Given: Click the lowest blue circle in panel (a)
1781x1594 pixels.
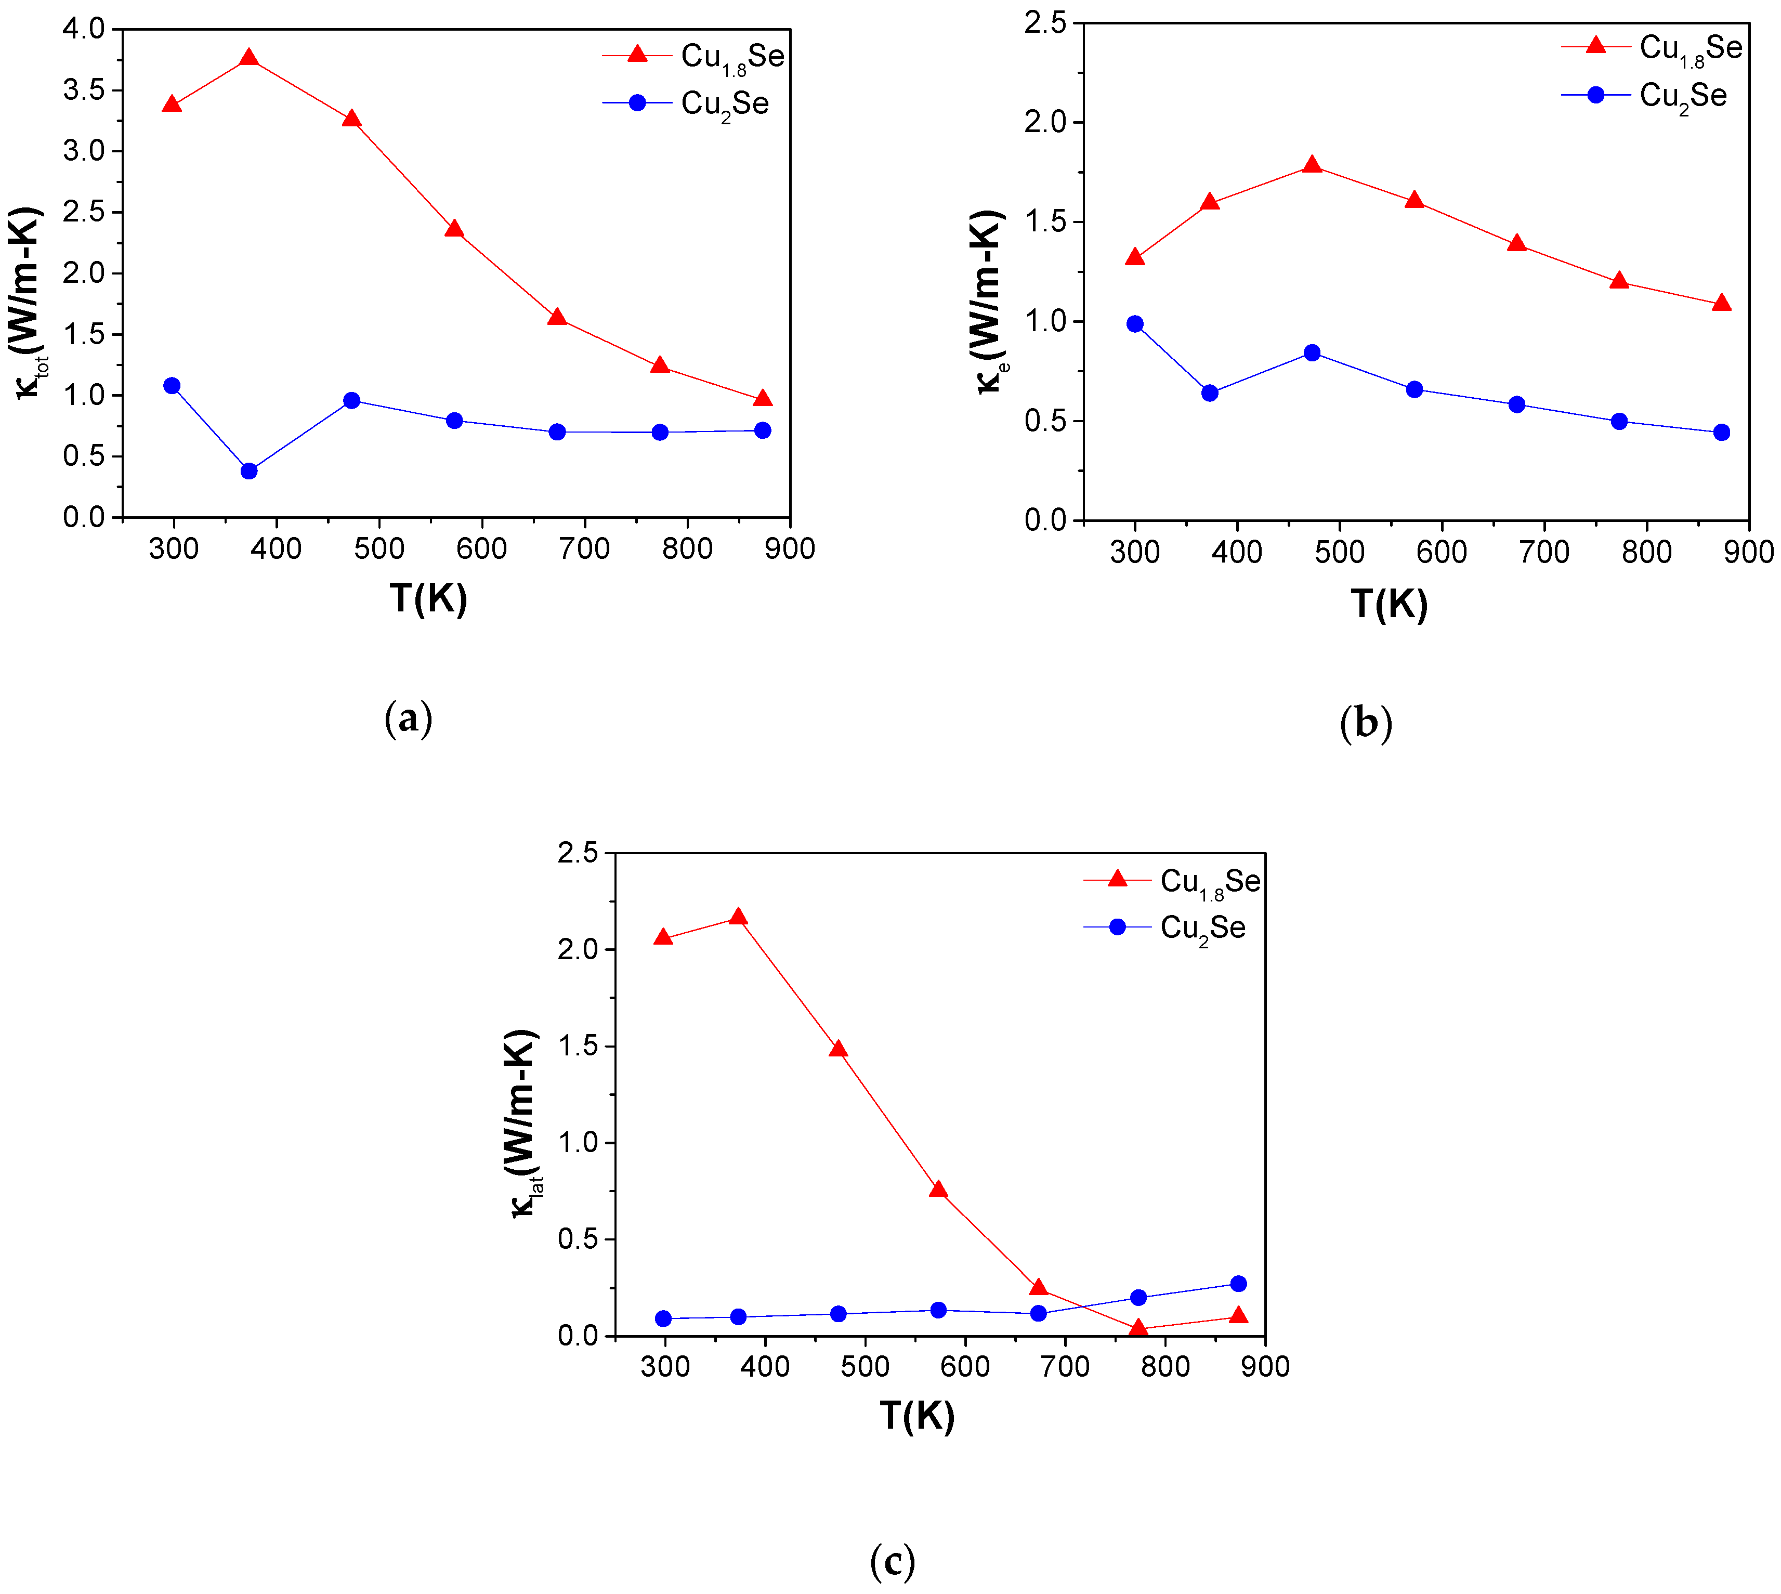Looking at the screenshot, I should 248,471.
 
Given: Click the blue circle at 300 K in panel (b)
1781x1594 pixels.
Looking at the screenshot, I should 1135,324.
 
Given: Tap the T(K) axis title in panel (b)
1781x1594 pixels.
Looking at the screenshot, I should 1389,604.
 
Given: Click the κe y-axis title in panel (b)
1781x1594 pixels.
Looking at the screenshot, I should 989,302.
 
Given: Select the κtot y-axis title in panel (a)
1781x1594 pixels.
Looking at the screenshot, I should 28,302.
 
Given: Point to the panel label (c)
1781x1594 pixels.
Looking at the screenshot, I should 892,1561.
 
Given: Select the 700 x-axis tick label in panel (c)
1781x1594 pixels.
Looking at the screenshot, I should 1065,1366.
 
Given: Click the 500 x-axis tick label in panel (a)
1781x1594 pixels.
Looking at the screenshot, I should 379,549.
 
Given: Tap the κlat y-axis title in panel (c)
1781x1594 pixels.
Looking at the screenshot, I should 523,1126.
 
